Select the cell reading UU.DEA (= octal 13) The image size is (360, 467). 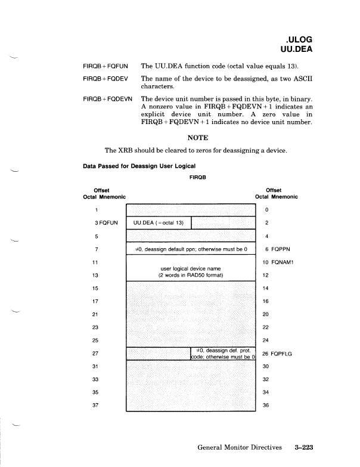pyautogui.click(x=159, y=222)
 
